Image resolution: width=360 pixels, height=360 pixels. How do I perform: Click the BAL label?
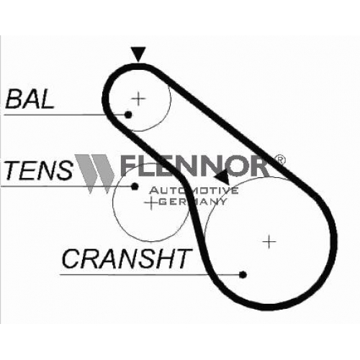(x=30, y=99)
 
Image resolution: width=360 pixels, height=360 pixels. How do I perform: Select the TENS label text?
(x=38, y=171)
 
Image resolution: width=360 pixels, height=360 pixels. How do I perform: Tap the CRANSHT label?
(x=127, y=258)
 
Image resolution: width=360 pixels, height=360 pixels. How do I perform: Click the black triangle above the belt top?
(x=138, y=54)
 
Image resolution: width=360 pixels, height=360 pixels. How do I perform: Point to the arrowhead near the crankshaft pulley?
(x=222, y=178)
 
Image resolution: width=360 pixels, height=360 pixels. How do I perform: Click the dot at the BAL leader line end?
(x=128, y=114)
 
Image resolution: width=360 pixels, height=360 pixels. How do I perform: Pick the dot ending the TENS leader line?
(x=135, y=186)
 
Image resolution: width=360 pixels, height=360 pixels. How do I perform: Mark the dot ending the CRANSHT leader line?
(x=243, y=274)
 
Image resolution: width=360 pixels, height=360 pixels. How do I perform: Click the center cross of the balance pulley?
(x=138, y=99)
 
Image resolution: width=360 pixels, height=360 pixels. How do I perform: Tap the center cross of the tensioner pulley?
(x=151, y=203)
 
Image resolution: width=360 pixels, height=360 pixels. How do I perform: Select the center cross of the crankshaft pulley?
(x=269, y=241)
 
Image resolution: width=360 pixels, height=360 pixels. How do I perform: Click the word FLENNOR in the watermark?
(x=194, y=166)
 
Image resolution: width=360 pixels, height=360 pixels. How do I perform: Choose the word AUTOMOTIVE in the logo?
(x=194, y=191)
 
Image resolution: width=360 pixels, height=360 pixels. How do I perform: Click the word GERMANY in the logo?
(x=192, y=202)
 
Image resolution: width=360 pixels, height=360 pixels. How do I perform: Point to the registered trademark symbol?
(x=279, y=160)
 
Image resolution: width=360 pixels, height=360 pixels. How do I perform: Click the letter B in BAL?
(x=14, y=99)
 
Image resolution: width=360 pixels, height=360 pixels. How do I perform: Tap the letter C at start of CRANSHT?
(x=71, y=258)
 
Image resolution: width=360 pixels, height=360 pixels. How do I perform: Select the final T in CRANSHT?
(x=183, y=258)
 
